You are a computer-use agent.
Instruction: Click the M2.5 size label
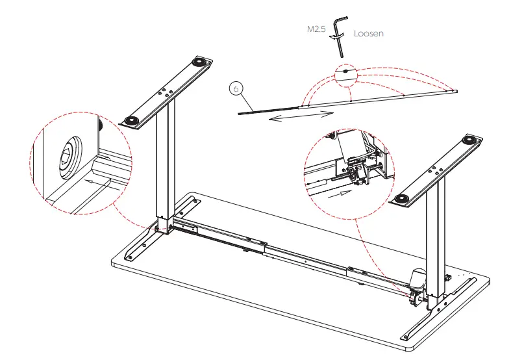316,30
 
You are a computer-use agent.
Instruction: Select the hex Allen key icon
338,30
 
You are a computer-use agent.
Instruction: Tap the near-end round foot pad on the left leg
132,121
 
